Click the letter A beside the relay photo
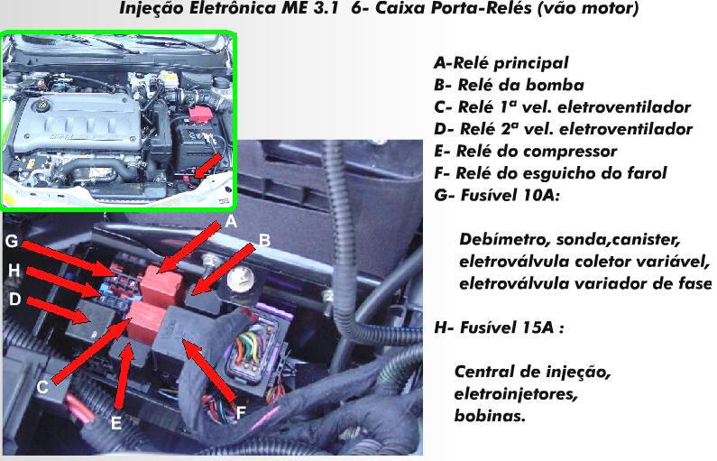[x=232, y=222]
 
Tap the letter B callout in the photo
[x=265, y=240]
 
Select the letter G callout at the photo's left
[x=12, y=241]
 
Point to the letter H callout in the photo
[x=14, y=271]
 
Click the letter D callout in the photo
[x=15, y=300]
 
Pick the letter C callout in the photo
[x=42, y=387]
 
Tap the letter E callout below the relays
[x=116, y=423]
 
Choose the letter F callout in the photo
[x=241, y=413]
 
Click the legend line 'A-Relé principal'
[x=501, y=63]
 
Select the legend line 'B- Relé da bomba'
[x=509, y=85]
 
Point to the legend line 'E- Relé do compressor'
[x=526, y=152]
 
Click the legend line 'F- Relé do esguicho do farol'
[x=550, y=173]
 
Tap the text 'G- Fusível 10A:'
[x=497, y=195]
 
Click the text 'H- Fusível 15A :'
[x=499, y=327]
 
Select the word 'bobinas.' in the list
[x=490, y=416]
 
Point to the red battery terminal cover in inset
[x=200, y=114]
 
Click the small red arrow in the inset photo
[x=208, y=164]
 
